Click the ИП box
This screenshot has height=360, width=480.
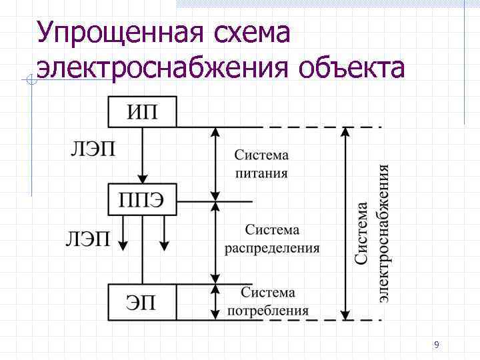pos(143,111)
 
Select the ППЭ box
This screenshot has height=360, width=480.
pos(143,200)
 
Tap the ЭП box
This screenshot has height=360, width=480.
pos(143,302)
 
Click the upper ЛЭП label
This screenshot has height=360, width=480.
pos(93,149)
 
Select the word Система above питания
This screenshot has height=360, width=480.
pos(261,155)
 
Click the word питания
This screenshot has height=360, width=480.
pos(261,173)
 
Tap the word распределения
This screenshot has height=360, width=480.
pos(271,249)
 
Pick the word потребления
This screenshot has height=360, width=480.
pos(268,310)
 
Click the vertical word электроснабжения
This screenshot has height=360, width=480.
pos(384,233)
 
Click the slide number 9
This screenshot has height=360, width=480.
pos(436,345)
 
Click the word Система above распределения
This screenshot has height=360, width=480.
pos(271,231)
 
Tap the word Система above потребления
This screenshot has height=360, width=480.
pos(268,293)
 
